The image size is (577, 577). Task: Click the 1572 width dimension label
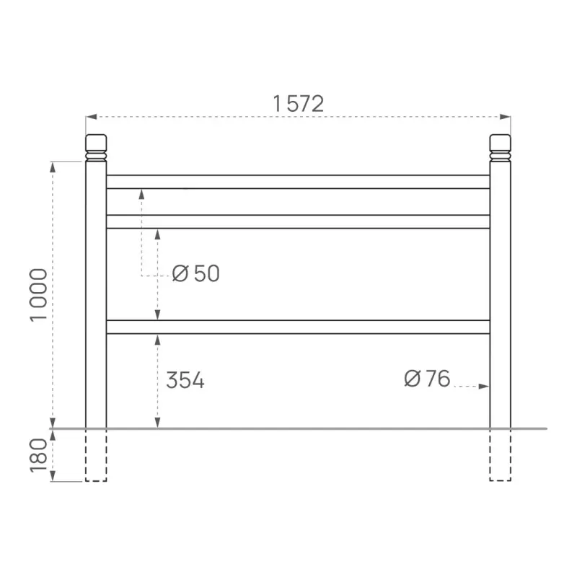click(x=298, y=104)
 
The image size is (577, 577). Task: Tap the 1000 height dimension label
click(x=39, y=295)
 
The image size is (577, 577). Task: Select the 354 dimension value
click(x=185, y=381)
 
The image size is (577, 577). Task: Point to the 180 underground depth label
click(x=39, y=455)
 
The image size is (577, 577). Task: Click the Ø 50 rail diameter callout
click(x=196, y=274)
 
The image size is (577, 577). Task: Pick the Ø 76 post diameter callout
click(x=427, y=379)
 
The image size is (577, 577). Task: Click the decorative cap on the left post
click(x=96, y=146)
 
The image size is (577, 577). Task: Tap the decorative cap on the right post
click(x=500, y=146)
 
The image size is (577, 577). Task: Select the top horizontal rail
click(x=298, y=182)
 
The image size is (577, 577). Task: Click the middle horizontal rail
click(x=298, y=221)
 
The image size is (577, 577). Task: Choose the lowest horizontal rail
click(x=298, y=327)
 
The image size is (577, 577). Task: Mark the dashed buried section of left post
click(x=96, y=455)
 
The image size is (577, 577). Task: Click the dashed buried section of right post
click(x=500, y=455)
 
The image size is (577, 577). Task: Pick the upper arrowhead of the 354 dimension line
click(x=157, y=338)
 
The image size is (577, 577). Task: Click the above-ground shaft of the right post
click(x=500, y=288)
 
